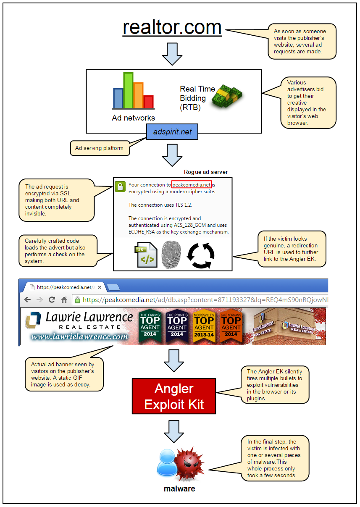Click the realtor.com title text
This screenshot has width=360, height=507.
click(x=172, y=27)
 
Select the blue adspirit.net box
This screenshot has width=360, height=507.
click(x=172, y=131)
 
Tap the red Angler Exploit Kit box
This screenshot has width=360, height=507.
click(x=174, y=397)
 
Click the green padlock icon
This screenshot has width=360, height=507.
click(x=120, y=187)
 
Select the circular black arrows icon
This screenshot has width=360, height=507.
click(x=200, y=255)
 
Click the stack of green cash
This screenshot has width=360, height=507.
click(x=227, y=95)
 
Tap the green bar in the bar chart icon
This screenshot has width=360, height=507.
click(x=128, y=90)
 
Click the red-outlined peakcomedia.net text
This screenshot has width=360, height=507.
click(x=192, y=184)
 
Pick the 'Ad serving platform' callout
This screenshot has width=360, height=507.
click(x=100, y=148)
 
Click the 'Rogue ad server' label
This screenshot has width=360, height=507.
click(x=206, y=172)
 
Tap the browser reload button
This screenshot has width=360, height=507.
click(x=52, y=299)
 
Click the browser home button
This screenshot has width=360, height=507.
click(x=64, y=299)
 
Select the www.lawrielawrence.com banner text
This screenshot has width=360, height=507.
click(x=79, y=336)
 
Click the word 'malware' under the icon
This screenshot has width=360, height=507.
click(x=179, y=489)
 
